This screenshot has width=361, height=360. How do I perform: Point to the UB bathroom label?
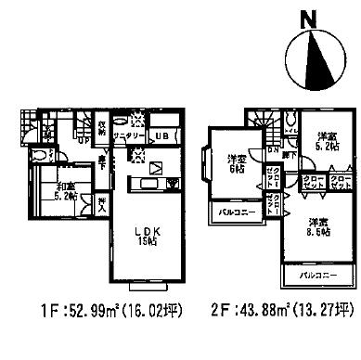161,136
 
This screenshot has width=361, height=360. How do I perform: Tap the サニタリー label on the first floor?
131,135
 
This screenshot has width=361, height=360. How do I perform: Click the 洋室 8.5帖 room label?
318,227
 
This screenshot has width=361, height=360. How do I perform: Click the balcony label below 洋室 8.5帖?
316,276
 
